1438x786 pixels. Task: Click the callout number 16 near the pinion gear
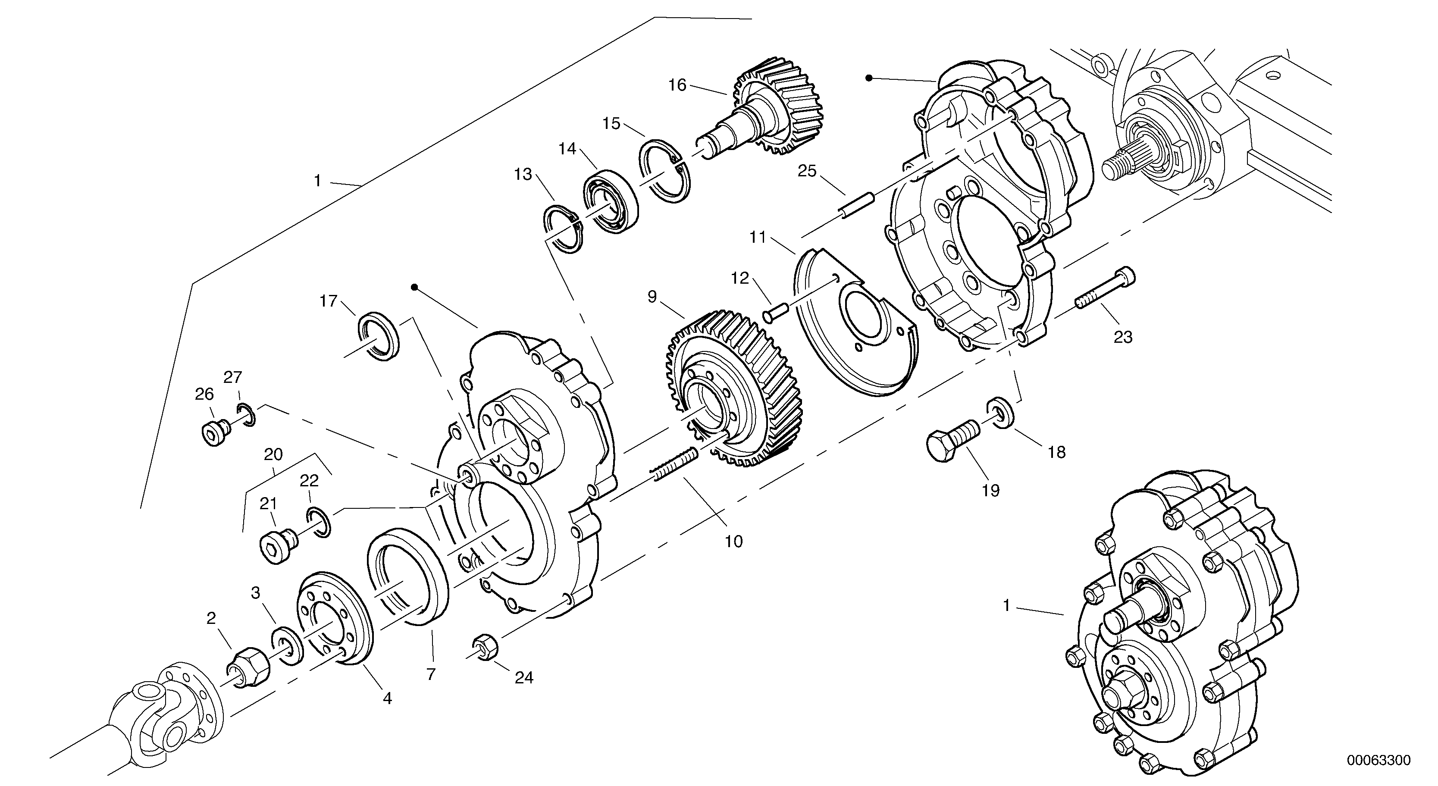click(x=677, y=85)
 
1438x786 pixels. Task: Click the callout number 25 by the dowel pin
click(x=807, y=171)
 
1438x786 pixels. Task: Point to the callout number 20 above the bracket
click(x=273, y=454)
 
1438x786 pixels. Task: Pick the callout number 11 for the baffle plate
click(x=758, y=237)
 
